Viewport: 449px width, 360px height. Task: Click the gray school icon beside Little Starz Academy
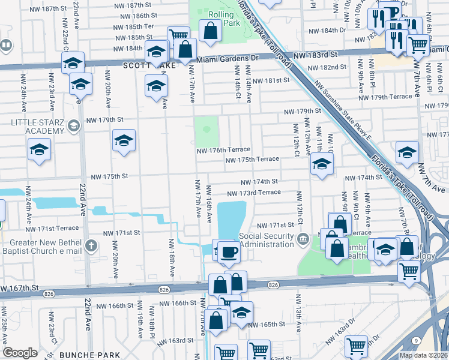[x=74, y=125]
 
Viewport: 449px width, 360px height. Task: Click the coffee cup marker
[x=229, y=252]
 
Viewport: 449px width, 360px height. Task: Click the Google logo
[x=20, y=353]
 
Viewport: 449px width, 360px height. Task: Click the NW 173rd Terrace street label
[x=253, y=193]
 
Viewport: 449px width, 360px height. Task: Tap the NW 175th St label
[x=109, y=177]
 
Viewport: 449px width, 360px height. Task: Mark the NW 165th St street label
[x=268, y=325]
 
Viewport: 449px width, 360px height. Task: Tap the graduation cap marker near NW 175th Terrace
[x=322, y=164]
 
